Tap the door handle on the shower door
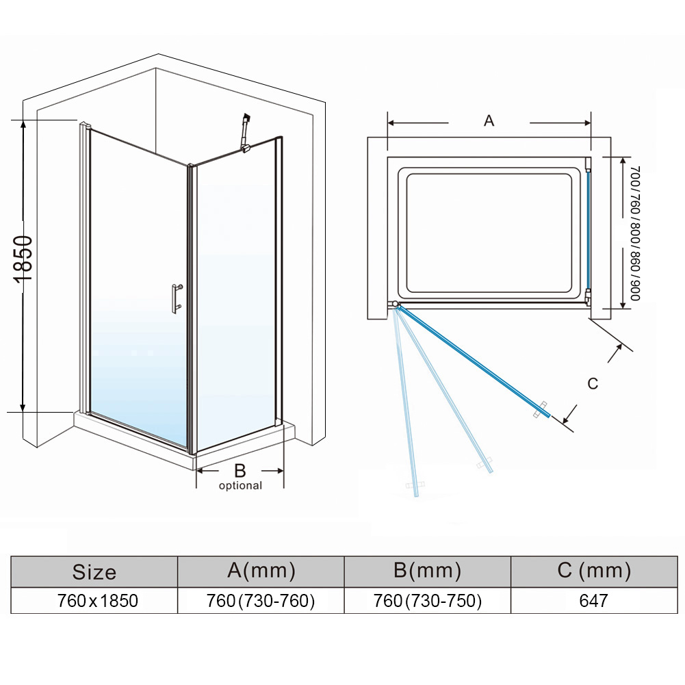point(176,298)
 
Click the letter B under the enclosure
point(240,470)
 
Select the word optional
point(240,486)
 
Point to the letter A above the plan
point(489,121)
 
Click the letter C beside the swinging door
point(593,384)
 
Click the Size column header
point(94,572)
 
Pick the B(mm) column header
point(427,571)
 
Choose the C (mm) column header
point(593,571)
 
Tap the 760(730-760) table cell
point(261,601)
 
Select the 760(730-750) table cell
point(427,601)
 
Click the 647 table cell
point(593,601)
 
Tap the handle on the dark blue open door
point(541,410)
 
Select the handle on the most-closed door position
point(415,487)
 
